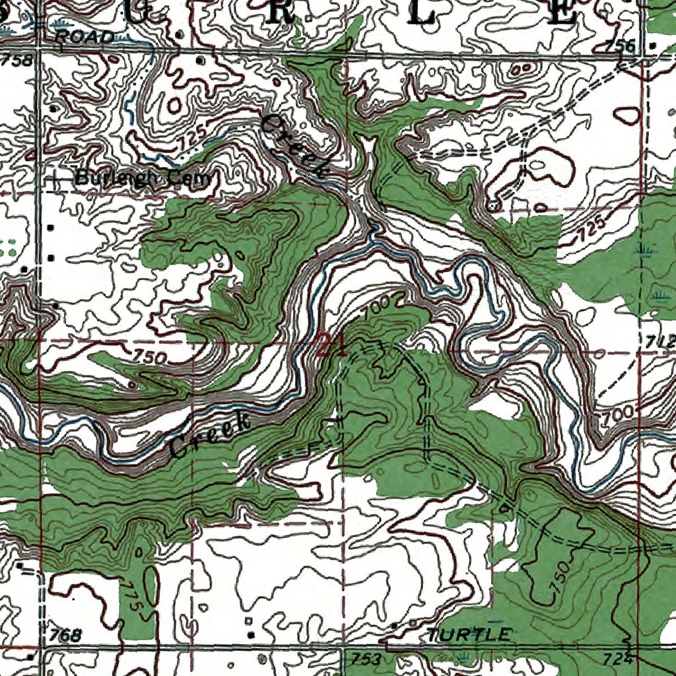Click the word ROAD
pyautogui.click(x=85, y=38)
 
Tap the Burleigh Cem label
pyautogui.click(x=143, y=178)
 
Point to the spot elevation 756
pyautogui.click(x=621, y=46)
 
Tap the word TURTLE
pyautogui.click(x=469, y=635)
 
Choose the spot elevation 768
pyautogui.click(x=66, y=636)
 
